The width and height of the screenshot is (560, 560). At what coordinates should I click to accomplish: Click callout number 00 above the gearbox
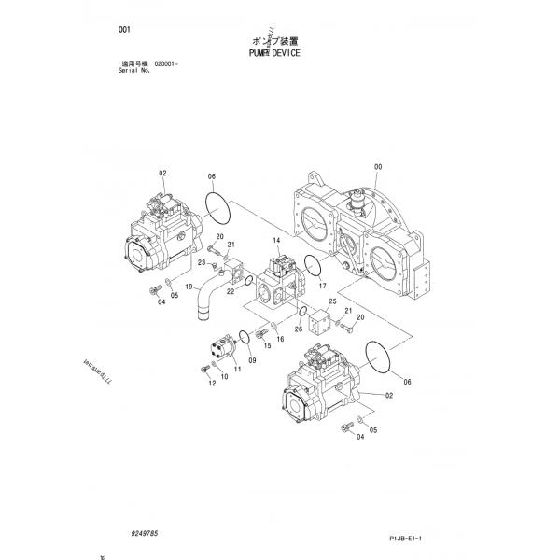(x=378, y=167)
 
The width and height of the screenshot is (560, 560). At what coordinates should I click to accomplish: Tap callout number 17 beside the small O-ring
(x=322, y=287)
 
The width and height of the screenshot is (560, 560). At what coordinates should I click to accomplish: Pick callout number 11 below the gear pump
(x=237, y=370)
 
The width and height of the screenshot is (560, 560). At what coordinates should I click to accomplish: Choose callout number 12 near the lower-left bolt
(x=213, y=384)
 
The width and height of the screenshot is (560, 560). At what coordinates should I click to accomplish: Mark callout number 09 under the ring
(x=252, y=359)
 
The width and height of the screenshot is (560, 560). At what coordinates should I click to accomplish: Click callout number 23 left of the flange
(x=201, y=263)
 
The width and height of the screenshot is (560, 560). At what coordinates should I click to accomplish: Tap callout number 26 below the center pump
(x=299, y=329)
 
